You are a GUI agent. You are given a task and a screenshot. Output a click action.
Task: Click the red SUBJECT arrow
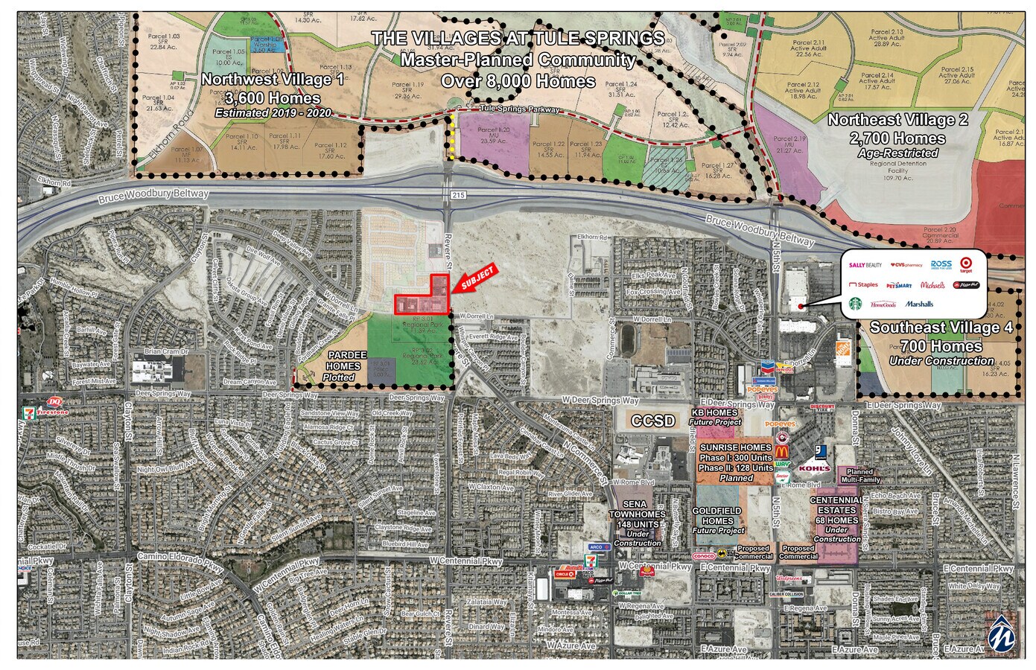pyautogui.click(x=475, y=278)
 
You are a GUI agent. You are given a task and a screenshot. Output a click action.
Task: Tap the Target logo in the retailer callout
pyautogui.click(x=966, y=265)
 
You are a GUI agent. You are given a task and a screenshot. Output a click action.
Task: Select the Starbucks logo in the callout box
pyautogui.click(x=855, y=304)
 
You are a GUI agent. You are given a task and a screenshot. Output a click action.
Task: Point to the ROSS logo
pyautogui.click(x=941, y=264)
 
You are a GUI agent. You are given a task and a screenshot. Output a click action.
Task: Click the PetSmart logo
pyautogui.click(x=899, y=285)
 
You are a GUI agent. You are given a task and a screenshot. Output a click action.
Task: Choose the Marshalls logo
pyautogui.click(x=919, y=304)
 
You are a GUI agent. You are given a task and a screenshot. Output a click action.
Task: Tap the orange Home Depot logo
pyautogui.click(x=843, y=353)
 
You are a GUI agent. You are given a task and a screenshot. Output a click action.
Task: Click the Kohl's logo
pyautogui.click(x=813, y=468)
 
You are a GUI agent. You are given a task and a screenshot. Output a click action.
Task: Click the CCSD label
pyautogui.click(x=652, y=421)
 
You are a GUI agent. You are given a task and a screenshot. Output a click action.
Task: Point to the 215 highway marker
pyautogui.click(x=457, y=195)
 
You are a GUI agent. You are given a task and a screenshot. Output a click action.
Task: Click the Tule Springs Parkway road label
pyautogui.click(x=519, y=109)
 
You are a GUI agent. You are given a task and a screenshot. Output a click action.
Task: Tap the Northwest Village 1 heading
pyautogui.click(x=273, y=80)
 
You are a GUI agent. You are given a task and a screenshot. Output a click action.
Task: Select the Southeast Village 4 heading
pyautogui.click(x=941, y=328)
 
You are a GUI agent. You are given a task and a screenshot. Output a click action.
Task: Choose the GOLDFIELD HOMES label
pyautogui.click(x=717, y=516)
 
